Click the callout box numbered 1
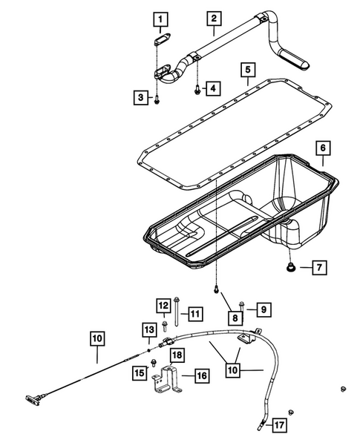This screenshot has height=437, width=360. [x=161, y=18]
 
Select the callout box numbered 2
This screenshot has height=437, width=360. [x=213, y=18]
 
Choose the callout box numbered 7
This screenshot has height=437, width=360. [x=316, y=266]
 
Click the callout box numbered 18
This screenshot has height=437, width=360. [x=177, y=356]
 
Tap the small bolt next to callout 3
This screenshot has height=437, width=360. [x=157, y=99]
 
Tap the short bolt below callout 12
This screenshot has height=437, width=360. [x=164, y=324]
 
